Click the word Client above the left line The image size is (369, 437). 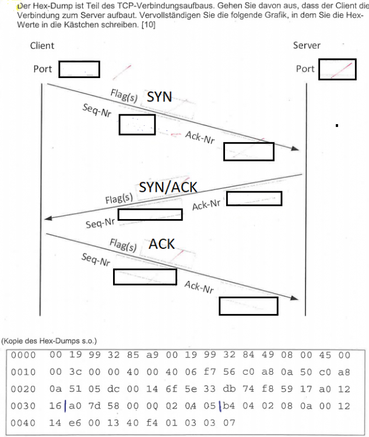(x=42, y=45)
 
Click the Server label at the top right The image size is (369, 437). (x=307, y=45)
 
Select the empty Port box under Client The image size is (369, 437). (x=79, y=69)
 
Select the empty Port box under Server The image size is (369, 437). (x=338, y=69)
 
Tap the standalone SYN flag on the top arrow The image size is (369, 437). (x=159, y=97)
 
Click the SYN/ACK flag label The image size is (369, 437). (x=168, y=187)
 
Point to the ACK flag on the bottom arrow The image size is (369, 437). (x=162, y=244)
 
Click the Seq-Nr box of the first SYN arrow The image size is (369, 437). (x=137, y=125)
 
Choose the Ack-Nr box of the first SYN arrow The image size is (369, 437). (x=249, y=151)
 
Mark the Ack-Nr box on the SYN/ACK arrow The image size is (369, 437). (x=254, y=199)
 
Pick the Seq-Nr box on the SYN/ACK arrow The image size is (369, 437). (x=150, y=214)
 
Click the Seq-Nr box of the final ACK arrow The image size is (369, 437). (x=145, y=277)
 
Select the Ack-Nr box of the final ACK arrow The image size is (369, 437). (x=248, y=306)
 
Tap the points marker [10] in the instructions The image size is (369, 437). (x=147, y=24)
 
